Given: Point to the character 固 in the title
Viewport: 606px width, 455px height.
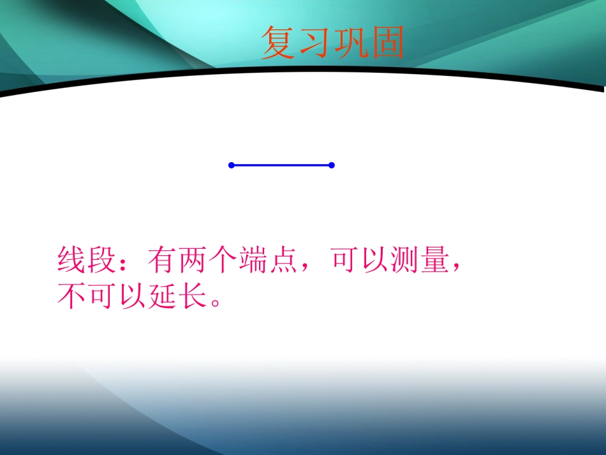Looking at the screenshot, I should [387, 43].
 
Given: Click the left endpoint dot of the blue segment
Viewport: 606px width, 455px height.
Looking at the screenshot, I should [232, 165].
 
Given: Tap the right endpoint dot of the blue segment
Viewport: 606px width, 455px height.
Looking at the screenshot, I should [332, 165].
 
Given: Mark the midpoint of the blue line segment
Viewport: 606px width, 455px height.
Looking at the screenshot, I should [281, 165].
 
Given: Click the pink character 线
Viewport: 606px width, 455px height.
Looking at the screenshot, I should [71, 260].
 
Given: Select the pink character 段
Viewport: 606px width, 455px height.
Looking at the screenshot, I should [102, 260].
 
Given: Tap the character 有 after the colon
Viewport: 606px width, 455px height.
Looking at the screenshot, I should [164, 260].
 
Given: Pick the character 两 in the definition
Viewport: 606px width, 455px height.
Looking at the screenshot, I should [195, 260].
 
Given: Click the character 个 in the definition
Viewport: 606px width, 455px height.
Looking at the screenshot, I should [225, 260].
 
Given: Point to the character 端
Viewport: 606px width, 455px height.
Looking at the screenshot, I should [255, 260].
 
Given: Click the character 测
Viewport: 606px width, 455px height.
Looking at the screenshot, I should [408, 260].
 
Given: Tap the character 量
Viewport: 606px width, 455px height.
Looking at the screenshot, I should [438, 260].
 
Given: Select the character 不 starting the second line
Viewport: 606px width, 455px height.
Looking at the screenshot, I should [71, 295].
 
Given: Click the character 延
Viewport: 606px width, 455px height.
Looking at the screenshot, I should [163, 295].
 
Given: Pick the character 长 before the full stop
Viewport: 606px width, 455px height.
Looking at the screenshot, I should [194, 295].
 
